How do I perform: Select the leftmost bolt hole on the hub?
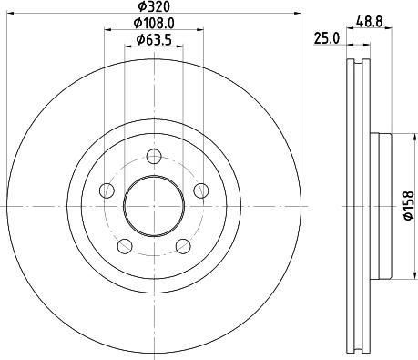(x=107, y=190)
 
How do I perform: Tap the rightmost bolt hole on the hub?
(x=201, y=190)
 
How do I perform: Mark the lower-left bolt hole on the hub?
(x=125, y=245)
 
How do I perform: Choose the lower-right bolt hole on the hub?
(x=183, y=245)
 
